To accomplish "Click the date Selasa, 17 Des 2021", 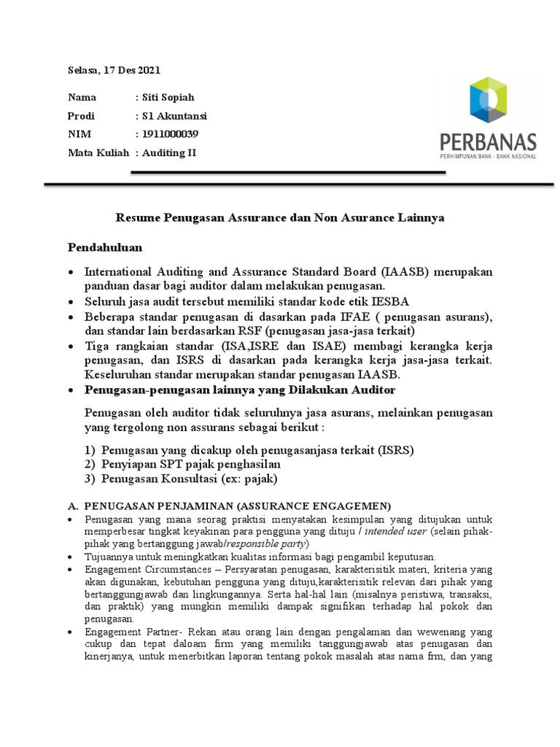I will pyautogui.click(x=114, y=71).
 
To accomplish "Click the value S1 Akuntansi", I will pyautogui.click(x=174, y=115).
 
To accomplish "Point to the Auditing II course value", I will pyautogui.click(x=168, y=152).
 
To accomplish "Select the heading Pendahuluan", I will pyautogui.click(x=105, y=247).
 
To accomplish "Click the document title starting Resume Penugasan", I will pyautogui.click(x=281, y=217).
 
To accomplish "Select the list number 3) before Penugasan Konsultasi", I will pyautogui.click(x=91, y=479).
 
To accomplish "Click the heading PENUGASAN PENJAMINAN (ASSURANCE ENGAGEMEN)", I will pyautogui.click(x=238, y=506).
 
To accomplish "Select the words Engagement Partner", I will pyautogui.click(x=127, y=631).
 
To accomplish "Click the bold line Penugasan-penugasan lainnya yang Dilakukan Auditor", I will pyautogui.click(x=240, y=390).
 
